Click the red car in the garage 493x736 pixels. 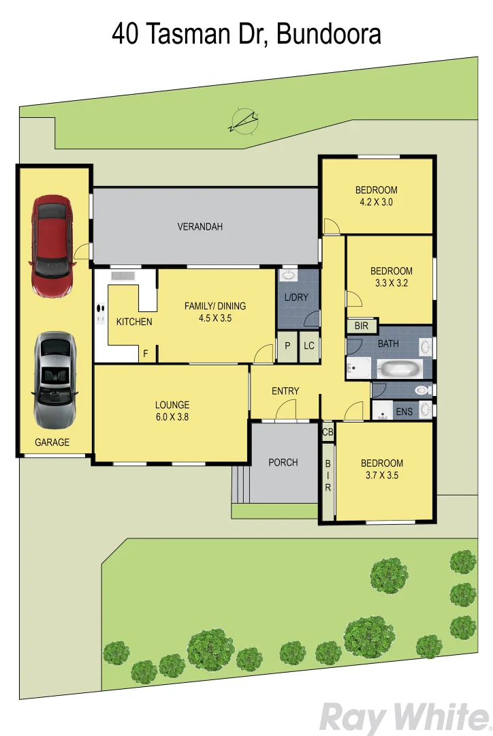pyautogui.click(x=52, y=246)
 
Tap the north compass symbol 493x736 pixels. pyautogui.click(x=244, y=121)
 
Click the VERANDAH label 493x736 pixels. pyautogui.click(x=200, y=227)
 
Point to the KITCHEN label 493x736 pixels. pyautogui.click(x=134, y=322)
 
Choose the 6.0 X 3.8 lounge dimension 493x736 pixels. pyautogui.click(x=172, y=417)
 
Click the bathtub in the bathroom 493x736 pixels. pyautogui.click(x=400, y=369)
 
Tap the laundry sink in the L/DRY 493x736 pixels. pyautogui.click(x=289, y=275)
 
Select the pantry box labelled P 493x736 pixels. pyautogui.click(x=287, y=346)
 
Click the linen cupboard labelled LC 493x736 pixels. pyautogui.click(x=309, y=346)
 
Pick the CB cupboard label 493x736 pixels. pyautogui.click(x=328, y=432)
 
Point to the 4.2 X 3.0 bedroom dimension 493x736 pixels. pyautogui.click(x=376, y=202)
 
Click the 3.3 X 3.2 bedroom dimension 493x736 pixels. pyautogui.click(x=391, y=283)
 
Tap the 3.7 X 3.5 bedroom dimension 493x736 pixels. pyautogui.click(x=381, y=476)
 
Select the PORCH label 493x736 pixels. pyautogui.click(x=283, y=462)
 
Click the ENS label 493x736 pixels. pyautogui.click(x=404, y=412)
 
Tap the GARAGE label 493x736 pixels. pyautogui.click(x=52, y=442)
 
